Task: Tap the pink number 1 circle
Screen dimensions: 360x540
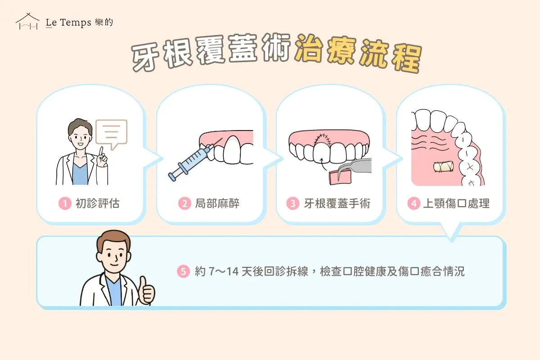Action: tap(65, 204)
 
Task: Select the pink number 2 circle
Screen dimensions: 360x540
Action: tap(184, 204)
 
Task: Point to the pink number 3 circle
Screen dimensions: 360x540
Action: tap(293, 204)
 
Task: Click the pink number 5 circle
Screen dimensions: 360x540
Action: tap(183, 272)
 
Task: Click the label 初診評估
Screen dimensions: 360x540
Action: tap(97, 204)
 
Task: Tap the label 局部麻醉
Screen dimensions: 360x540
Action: tap(217, 204)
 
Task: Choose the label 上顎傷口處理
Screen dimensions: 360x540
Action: tap(456, 204)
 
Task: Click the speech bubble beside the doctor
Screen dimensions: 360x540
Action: tap(112, 133)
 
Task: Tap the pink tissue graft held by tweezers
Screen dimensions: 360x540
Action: tap(340, 176)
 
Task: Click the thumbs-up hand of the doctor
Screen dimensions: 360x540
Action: tap(146, 290)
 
